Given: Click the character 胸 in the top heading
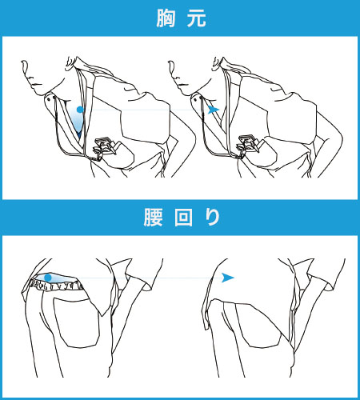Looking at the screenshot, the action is coord(166,18).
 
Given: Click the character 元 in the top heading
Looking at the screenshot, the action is coord(197,18).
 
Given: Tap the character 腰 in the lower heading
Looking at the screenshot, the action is coord(153,218).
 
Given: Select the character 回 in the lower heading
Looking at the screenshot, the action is coord(183,218).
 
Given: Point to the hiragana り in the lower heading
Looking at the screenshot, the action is coord(213,218).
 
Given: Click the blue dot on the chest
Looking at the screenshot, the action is coord(80,110).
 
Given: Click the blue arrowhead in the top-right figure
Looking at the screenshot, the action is coord(214,110).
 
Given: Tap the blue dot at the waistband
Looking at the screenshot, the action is coord(48,278).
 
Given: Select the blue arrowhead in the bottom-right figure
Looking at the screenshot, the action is coord(228,278).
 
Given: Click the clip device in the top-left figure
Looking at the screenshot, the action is coord(104,147).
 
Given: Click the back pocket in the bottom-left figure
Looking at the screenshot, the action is coord(76,322).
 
